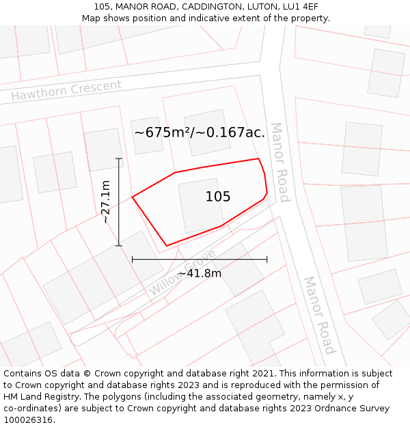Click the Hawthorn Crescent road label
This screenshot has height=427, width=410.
click(x=66, y=89)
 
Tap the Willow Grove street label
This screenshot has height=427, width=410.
click(x=182, y=273)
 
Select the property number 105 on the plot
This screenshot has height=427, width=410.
click(x=218, y=197)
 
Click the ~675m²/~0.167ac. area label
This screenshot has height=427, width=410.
click(x=200, y=133)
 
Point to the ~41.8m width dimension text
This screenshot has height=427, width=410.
click(x=200, y=273)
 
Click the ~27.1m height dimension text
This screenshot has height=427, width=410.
click(x=105, y=202)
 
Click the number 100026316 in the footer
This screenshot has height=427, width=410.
click(x=27, y=420)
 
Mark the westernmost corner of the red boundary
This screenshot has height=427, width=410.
click(x=132, y=197)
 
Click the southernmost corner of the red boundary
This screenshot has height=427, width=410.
click(x=167, y=246)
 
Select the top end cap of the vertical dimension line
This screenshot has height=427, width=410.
click(x=119, y=159)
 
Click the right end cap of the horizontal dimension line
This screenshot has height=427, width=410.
click(x=267, y=260)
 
